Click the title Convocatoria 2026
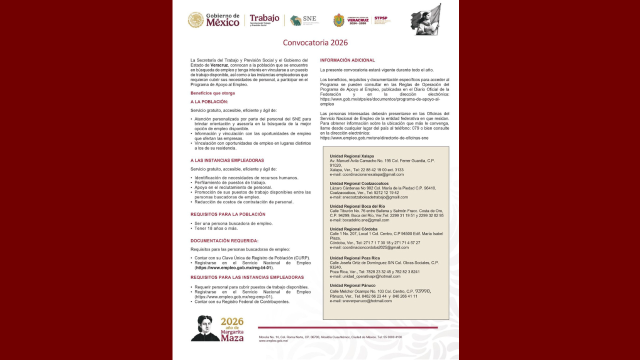click(x=315, y=43)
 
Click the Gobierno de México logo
click(x=213, y=19)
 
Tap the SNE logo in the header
click(x=303, y=20)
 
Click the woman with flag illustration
click(x=426, y=19)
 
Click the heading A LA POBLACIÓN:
click(x=209, y=102)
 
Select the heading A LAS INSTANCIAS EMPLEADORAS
click(x=227, y=160)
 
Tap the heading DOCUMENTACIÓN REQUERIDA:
click(x=224, y=241)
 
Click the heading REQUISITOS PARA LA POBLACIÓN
click(x=227, y=214)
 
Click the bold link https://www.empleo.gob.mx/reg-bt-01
click(x=234, y=268)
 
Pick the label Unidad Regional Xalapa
click(x=351, y=156)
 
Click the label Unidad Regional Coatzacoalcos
click(x=359, y=183)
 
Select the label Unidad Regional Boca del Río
click(x=357, y=206)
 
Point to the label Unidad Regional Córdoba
click(x=353, y=229)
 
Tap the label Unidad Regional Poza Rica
click(x=354, y=258)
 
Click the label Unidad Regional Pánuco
click(x=352, y=285)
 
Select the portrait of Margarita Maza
click(x=204, y=328)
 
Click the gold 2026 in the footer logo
click(x=232, y=321)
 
